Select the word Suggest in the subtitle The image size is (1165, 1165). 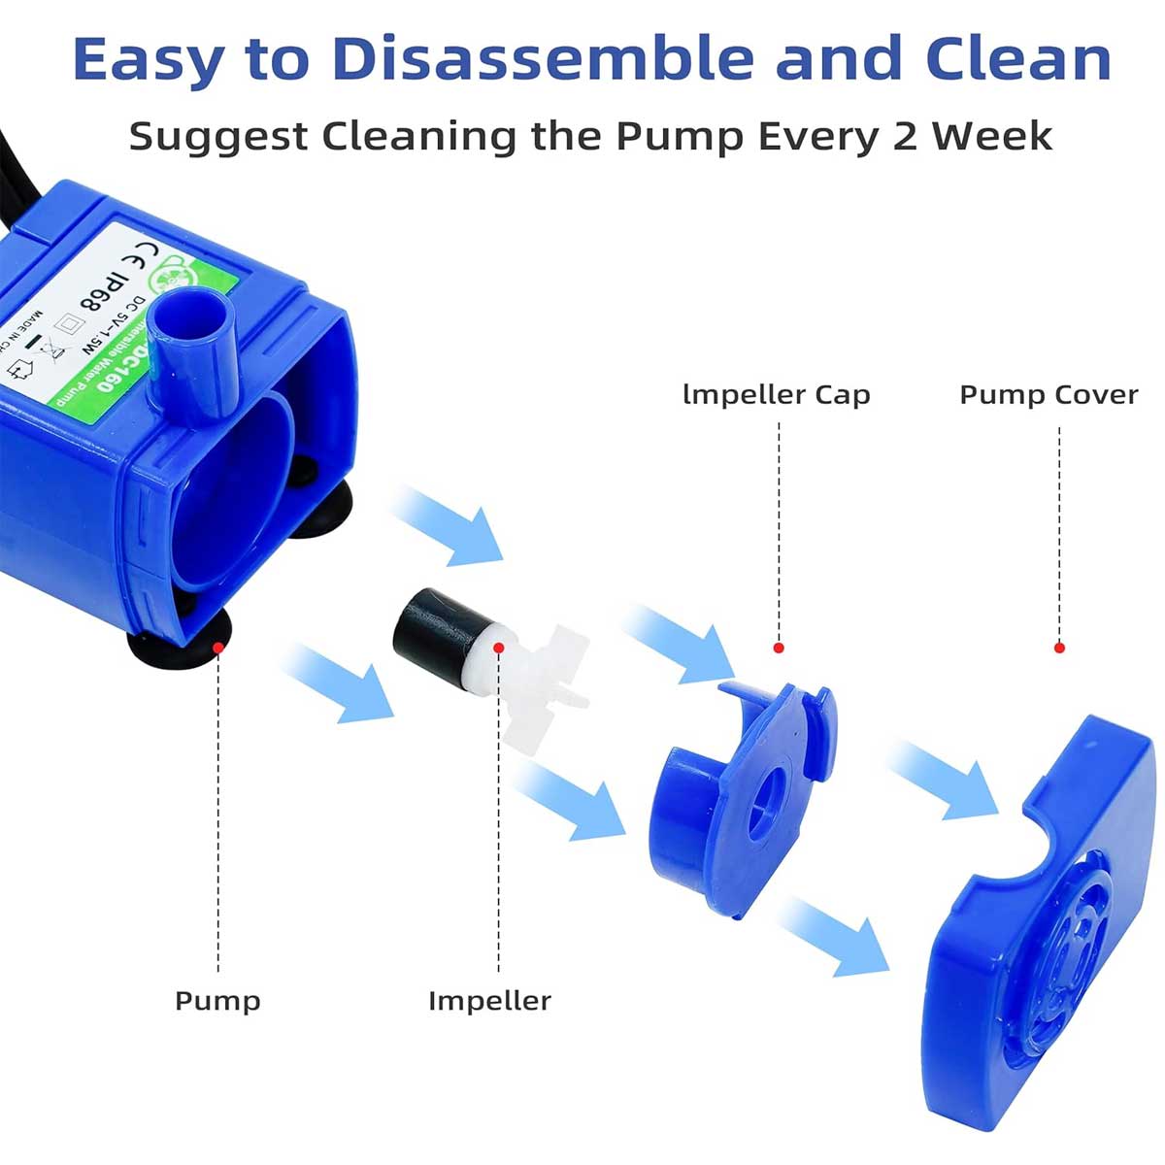point(217,137)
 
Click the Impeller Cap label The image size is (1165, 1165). point(777,395)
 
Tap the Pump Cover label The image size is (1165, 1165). point(1048,395)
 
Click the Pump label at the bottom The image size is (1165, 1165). point(217,1001)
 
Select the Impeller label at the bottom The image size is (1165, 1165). point(489,1001)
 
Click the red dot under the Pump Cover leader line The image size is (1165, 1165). point(1059,648)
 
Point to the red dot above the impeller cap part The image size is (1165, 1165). point(778,648)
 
